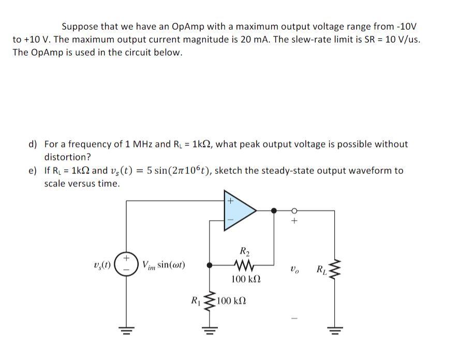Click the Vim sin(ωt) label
tap(164, 265)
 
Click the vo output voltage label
tap(295, 269)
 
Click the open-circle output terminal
tap(294, 210)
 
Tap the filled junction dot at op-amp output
tap(274, 210)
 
